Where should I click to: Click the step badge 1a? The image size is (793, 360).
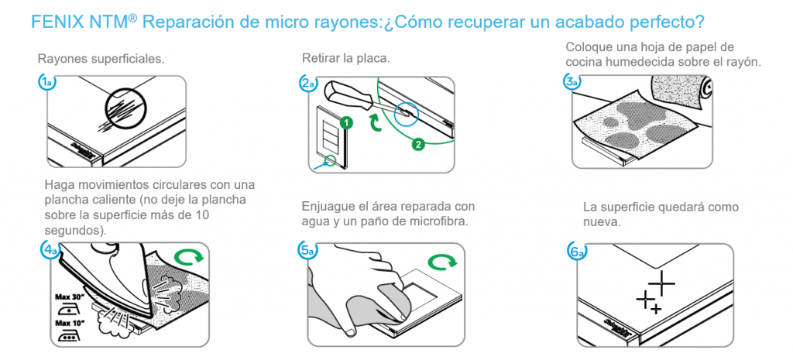(46, 83)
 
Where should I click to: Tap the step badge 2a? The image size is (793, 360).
(308, 84)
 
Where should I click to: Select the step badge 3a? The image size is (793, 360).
(572, 82)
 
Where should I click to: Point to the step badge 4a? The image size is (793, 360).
(50, 250)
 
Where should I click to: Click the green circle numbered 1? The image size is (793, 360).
(346, 122)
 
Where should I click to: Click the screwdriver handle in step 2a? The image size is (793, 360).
(350, 94)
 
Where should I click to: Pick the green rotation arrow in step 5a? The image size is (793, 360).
(442, 262)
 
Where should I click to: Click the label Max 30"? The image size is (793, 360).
(70, 296)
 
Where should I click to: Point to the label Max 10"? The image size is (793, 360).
(70, 321)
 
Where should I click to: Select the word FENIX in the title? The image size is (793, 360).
(53, 22)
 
